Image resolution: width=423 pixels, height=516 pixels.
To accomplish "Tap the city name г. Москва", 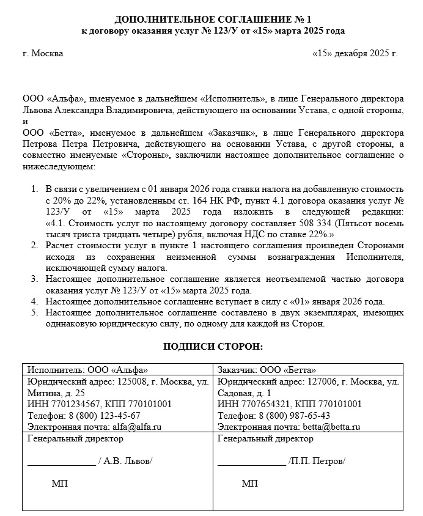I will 42,53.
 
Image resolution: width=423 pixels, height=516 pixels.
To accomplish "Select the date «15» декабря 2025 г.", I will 355,53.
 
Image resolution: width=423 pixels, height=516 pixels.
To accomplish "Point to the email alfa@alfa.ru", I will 136,427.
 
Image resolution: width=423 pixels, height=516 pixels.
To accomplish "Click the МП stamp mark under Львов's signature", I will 60,484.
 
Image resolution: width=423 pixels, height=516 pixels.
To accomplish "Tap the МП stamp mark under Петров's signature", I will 249,484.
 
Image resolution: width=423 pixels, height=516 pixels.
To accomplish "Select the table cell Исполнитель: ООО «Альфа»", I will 85,370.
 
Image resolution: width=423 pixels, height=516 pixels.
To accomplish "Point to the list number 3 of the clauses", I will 34,279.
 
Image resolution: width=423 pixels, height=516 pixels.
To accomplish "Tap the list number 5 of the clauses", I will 34,313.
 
